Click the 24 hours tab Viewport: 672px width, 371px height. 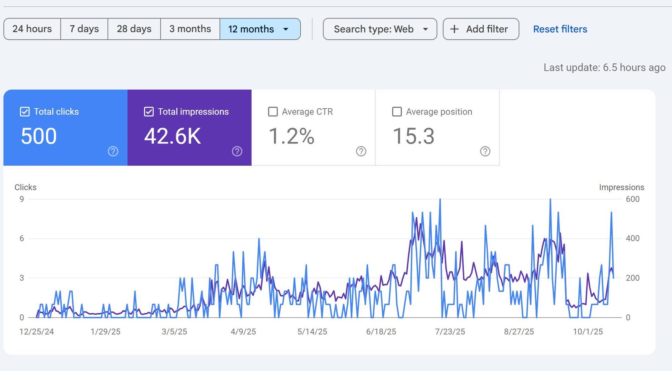[x=32, y=29]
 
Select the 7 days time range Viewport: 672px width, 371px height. [x=84, y=29]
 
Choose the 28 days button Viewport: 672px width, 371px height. [x=134, y=29]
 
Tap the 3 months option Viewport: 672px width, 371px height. [x=190, y=29]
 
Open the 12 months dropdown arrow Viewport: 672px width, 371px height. [x=286, y=29]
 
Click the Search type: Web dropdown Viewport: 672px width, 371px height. [x=380, y=29]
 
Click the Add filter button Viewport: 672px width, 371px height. [x=481, y=29]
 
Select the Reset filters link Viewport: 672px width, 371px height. [x=560, y=29]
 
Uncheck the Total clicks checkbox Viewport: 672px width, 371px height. [x=25, y=112]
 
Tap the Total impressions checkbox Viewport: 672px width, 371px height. [x=149, y=112]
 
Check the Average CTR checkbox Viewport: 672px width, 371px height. [x=273, y=112]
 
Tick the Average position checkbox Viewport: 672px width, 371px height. [x=397, y=112]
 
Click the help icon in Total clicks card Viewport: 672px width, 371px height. [x=113, y=152]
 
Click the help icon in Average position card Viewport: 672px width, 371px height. [x=485, y=152]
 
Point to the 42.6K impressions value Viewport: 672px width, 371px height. [x=173, y=136]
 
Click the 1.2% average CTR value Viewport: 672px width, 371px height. [x=291, y=136]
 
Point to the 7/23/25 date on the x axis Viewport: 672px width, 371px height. [x=450, y=332]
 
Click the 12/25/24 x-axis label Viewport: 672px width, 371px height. [x=37, y=332]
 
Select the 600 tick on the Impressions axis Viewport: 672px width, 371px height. [x=633, y=199]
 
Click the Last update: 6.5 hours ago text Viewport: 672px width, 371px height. [x=604, y=68]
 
